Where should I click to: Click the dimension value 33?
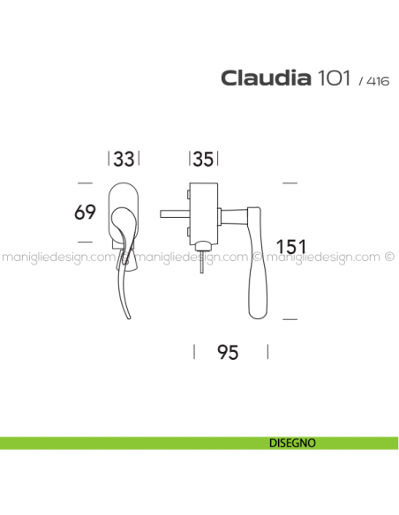(x=124, y=160)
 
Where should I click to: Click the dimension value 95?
(x=228, y=353)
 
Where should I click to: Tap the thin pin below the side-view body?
(x=204, y=264)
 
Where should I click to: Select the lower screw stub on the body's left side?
(x=188, y=230)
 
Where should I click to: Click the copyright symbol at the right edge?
(x=389, y=258)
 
